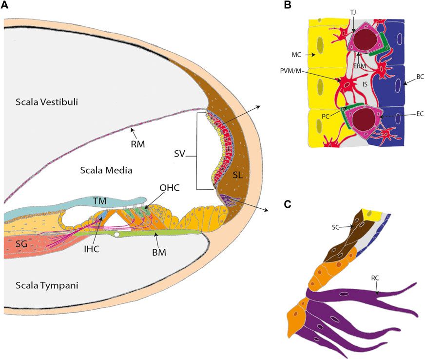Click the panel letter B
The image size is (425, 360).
point(287,6)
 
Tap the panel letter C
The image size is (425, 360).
point(287,203)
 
